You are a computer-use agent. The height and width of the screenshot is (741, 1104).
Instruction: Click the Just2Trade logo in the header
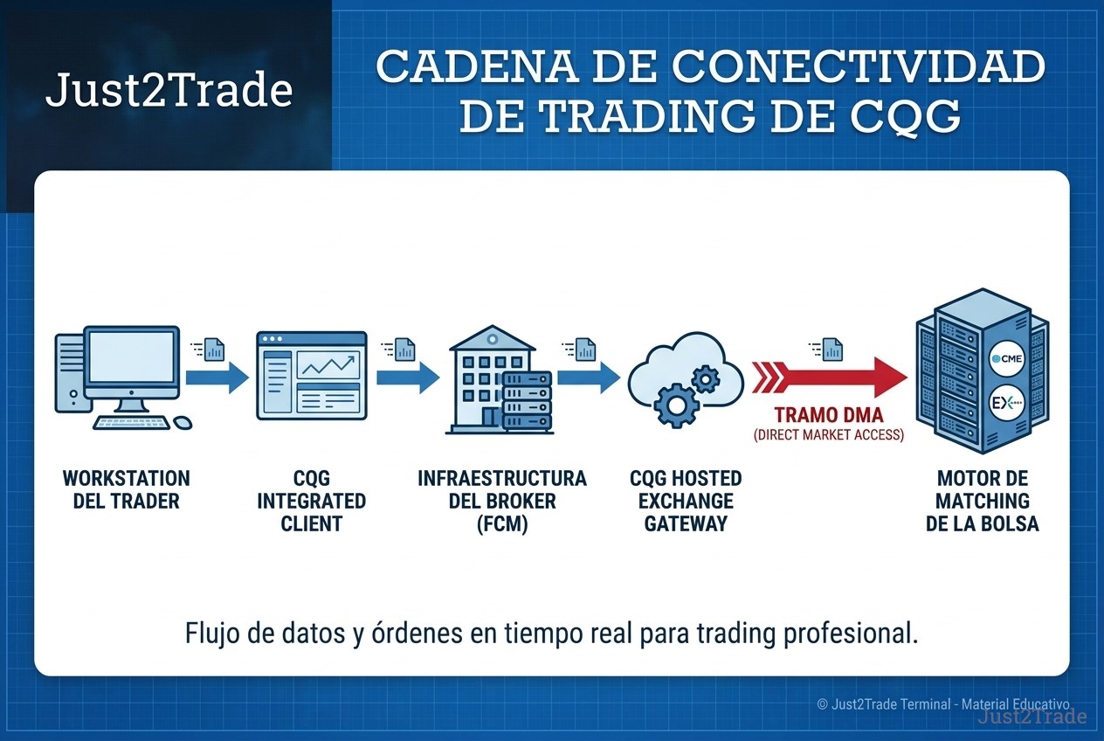(x=169, y=90)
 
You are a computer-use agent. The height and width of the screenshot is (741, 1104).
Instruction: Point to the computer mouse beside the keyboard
(x=183, y=423)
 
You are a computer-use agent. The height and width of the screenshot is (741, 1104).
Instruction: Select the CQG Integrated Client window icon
(x=312, y=375)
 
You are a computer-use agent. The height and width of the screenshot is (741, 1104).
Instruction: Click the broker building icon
(x=500, y=379)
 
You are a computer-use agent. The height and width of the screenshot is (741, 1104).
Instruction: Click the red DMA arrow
(x=829, y=377)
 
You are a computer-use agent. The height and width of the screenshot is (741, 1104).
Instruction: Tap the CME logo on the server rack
(x=1006, y=359)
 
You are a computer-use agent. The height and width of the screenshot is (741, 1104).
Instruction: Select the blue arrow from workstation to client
(x=217, y=377)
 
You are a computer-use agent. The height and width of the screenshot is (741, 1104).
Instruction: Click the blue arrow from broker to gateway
(x=589, y=377)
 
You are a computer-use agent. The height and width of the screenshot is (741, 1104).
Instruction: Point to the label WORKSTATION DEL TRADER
(x=126, y=489)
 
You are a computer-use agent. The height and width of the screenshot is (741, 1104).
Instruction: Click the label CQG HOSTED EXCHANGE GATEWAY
(x=686, y=501)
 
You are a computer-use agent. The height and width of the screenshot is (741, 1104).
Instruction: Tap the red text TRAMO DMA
(x=829, y=415)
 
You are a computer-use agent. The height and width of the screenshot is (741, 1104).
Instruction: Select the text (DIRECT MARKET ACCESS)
(x=829, y=435)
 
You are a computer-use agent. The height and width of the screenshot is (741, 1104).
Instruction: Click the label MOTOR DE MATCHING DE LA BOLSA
(x=983, y=501)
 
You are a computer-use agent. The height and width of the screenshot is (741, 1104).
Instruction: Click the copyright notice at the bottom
(x=943, y=704)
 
